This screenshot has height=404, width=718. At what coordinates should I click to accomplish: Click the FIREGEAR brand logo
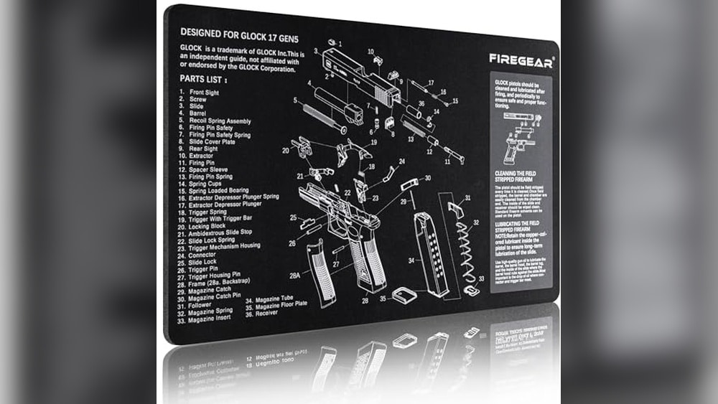click(521, 61)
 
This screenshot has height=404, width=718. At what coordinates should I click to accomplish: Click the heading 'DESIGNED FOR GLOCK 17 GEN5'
click(238, 32)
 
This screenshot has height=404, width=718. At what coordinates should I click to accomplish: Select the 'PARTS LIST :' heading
click(205, 80)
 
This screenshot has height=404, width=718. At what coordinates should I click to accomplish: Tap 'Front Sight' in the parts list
click(205, 93)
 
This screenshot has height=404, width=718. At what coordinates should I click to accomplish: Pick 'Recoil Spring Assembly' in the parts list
click(219, 121)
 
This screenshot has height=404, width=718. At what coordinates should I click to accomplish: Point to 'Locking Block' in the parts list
click(208, 227)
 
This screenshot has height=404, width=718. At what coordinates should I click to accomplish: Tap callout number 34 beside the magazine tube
click(411, 260)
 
